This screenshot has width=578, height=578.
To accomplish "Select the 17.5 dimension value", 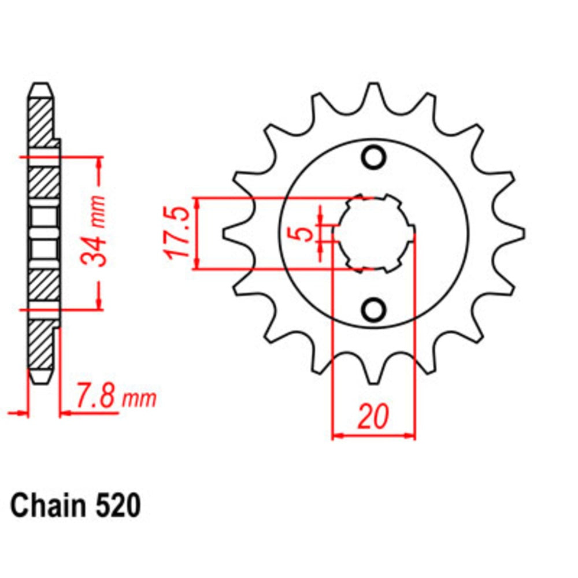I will tap(177, 232).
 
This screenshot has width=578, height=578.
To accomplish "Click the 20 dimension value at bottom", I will tap(373, 417).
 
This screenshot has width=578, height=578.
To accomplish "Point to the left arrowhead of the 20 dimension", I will tap(337, 434).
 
